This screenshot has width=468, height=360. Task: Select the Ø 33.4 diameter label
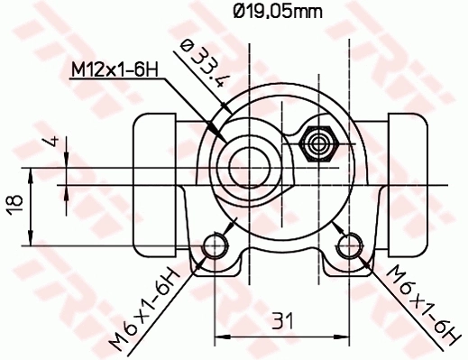[x=203, y=64]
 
